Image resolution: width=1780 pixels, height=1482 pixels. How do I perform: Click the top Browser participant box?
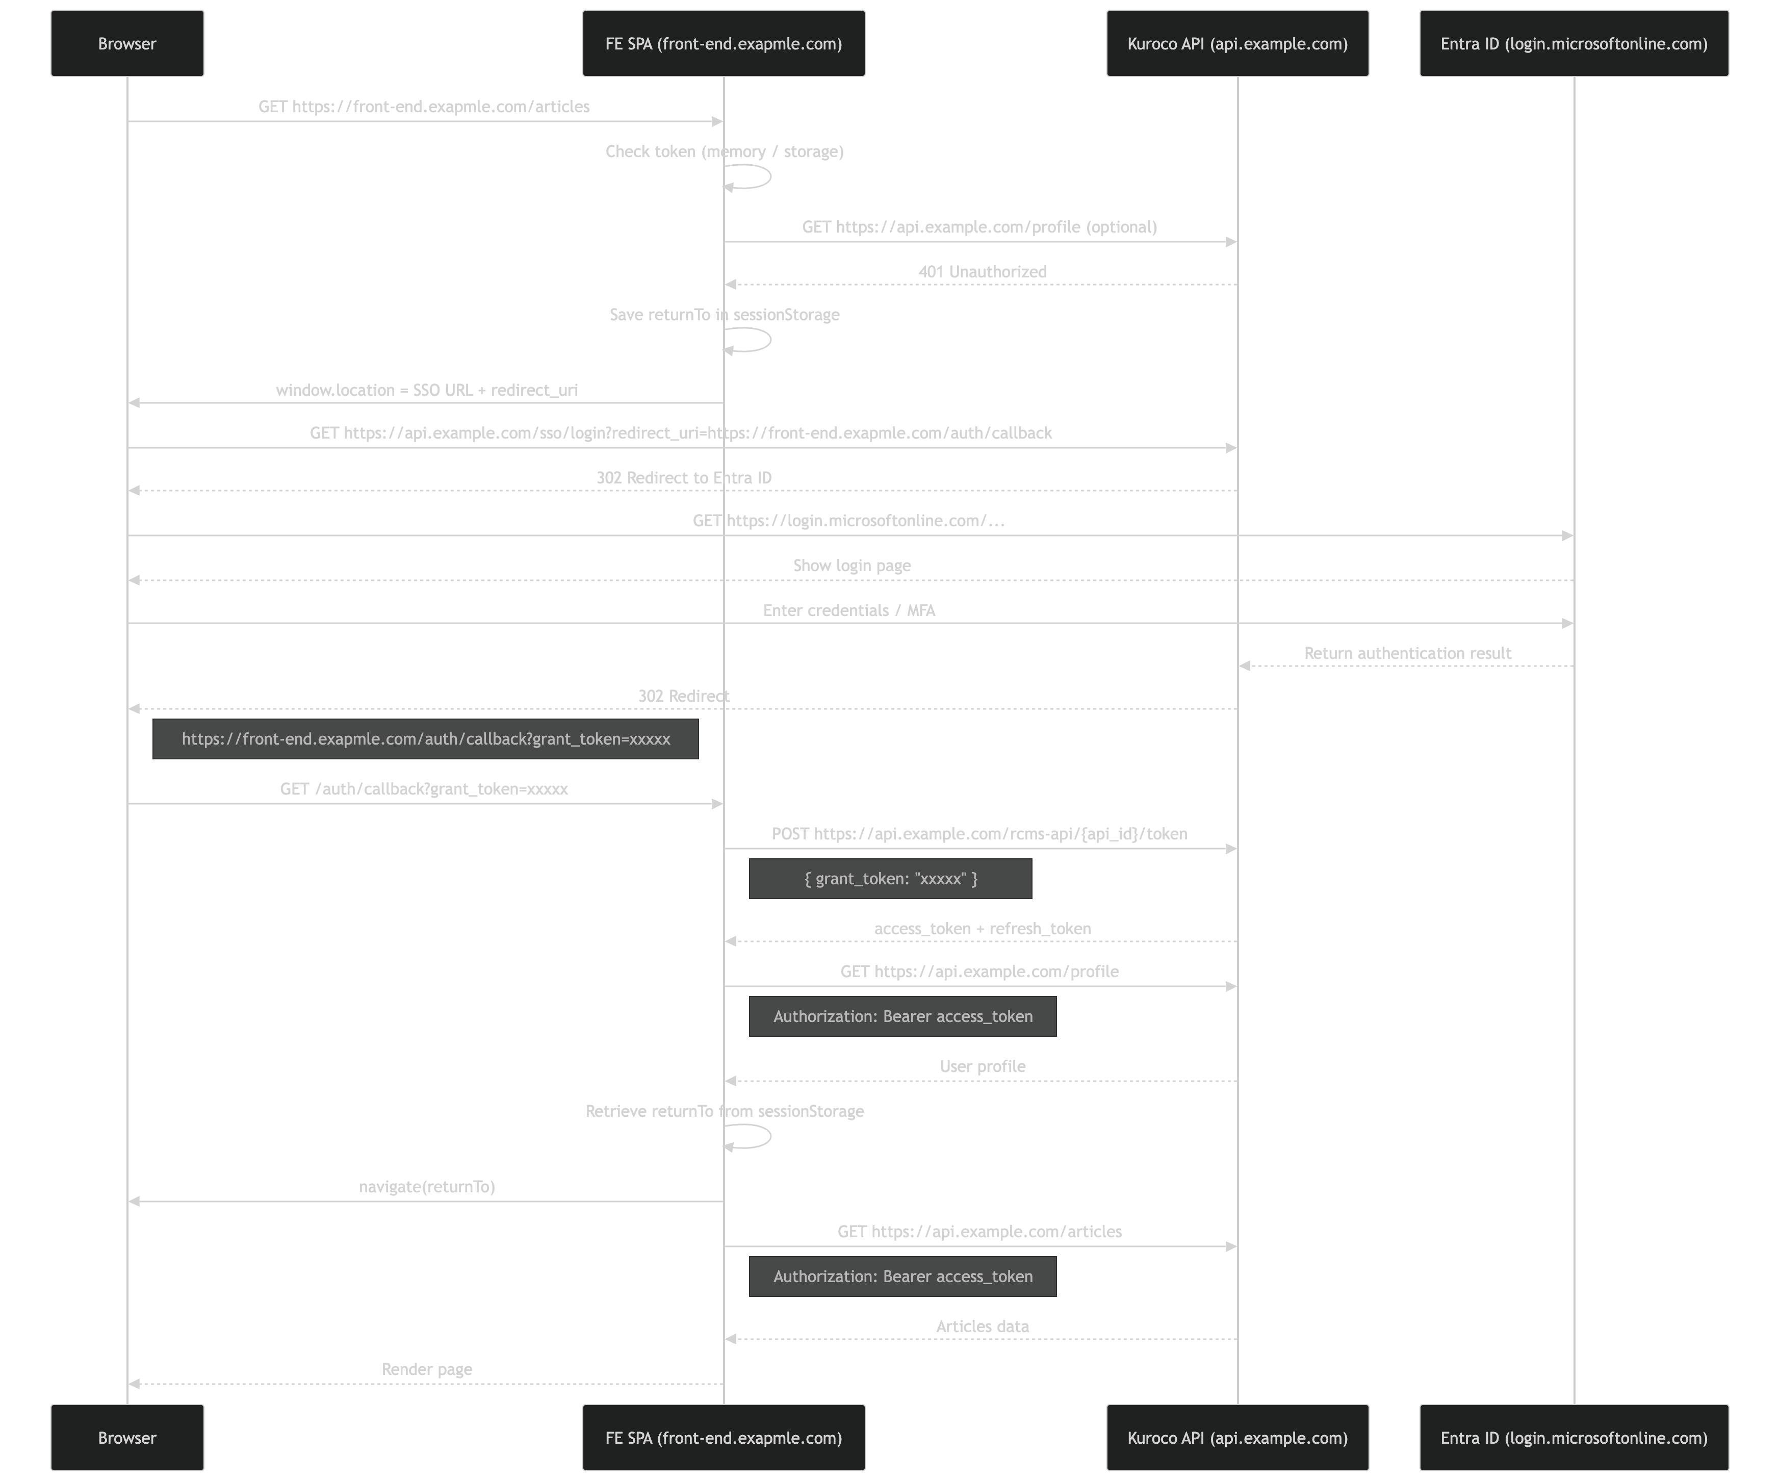[127, 43]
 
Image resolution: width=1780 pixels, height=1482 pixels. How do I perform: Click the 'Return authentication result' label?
[1407, 653]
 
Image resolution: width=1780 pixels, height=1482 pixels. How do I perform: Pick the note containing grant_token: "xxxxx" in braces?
[890, 878]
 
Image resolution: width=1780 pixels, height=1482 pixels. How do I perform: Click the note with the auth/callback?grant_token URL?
[426, 738]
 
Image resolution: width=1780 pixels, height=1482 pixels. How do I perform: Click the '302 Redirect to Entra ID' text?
[683, 477]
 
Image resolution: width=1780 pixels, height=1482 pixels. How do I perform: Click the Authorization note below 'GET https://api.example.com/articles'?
[902, 1276]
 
